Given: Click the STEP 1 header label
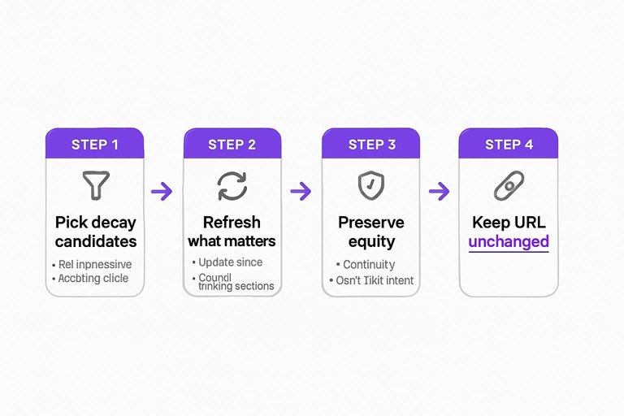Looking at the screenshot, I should tap(94, 145).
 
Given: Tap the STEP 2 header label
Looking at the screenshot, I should tap(232, 145).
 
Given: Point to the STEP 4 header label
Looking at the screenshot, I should tap(509, 145).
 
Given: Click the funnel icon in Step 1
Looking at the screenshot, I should tap(95, 185).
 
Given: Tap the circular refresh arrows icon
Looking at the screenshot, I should tap(232, 186).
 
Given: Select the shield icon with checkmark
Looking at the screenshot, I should tap(370, 186).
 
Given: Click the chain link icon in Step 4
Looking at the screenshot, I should tap(509, 186).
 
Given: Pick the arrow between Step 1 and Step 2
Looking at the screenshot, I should tap(162, 192).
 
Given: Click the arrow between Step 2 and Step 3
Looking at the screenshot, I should tap(301, 192).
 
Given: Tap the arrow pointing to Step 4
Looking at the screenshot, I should tap(439, 192).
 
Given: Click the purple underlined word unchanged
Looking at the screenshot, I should tap(509, 241).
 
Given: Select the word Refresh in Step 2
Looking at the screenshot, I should tap(232, 223).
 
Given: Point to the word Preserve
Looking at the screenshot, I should tap(370, 223).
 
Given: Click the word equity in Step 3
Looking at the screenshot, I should tap(370, 241).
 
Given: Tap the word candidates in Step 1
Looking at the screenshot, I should tap(96, 241).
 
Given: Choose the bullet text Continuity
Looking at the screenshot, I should tap(369, 264).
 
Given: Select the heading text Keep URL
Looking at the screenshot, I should tap(509, 223).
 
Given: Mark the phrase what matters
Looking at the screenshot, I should tap(232, 241).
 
